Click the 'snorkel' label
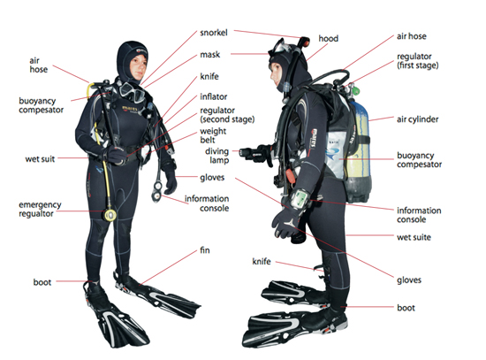[x=214, y=33]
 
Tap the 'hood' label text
[x=328, y=39]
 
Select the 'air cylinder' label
[x=417, y=119]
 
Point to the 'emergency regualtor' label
[x=40, y=209]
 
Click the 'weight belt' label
[x=213, y=135]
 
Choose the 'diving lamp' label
[x=217, y=156]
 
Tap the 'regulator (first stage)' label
[x=417, y=61]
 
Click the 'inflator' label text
[x=214, y=96]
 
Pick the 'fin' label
[x=205, y=250]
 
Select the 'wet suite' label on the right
[x=414, y=237]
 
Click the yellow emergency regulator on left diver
[x=110, y=215]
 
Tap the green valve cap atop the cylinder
[x=356, y=91]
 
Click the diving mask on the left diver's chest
[x=133, y=92]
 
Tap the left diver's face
[x=139, y=66]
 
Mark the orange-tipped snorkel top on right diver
[x=304, y=41]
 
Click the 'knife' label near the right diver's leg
[x=262, y=262]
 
